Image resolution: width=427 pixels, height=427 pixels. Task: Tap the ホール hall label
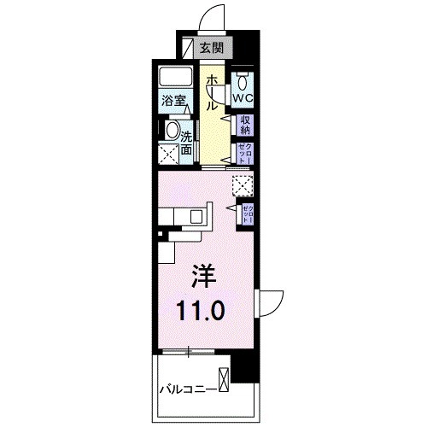210,92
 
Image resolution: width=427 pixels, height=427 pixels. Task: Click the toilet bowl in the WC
244,83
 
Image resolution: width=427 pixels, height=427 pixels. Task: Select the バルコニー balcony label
188,390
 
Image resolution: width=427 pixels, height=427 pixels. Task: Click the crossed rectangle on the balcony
224,378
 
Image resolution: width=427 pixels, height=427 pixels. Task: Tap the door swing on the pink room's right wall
270,303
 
